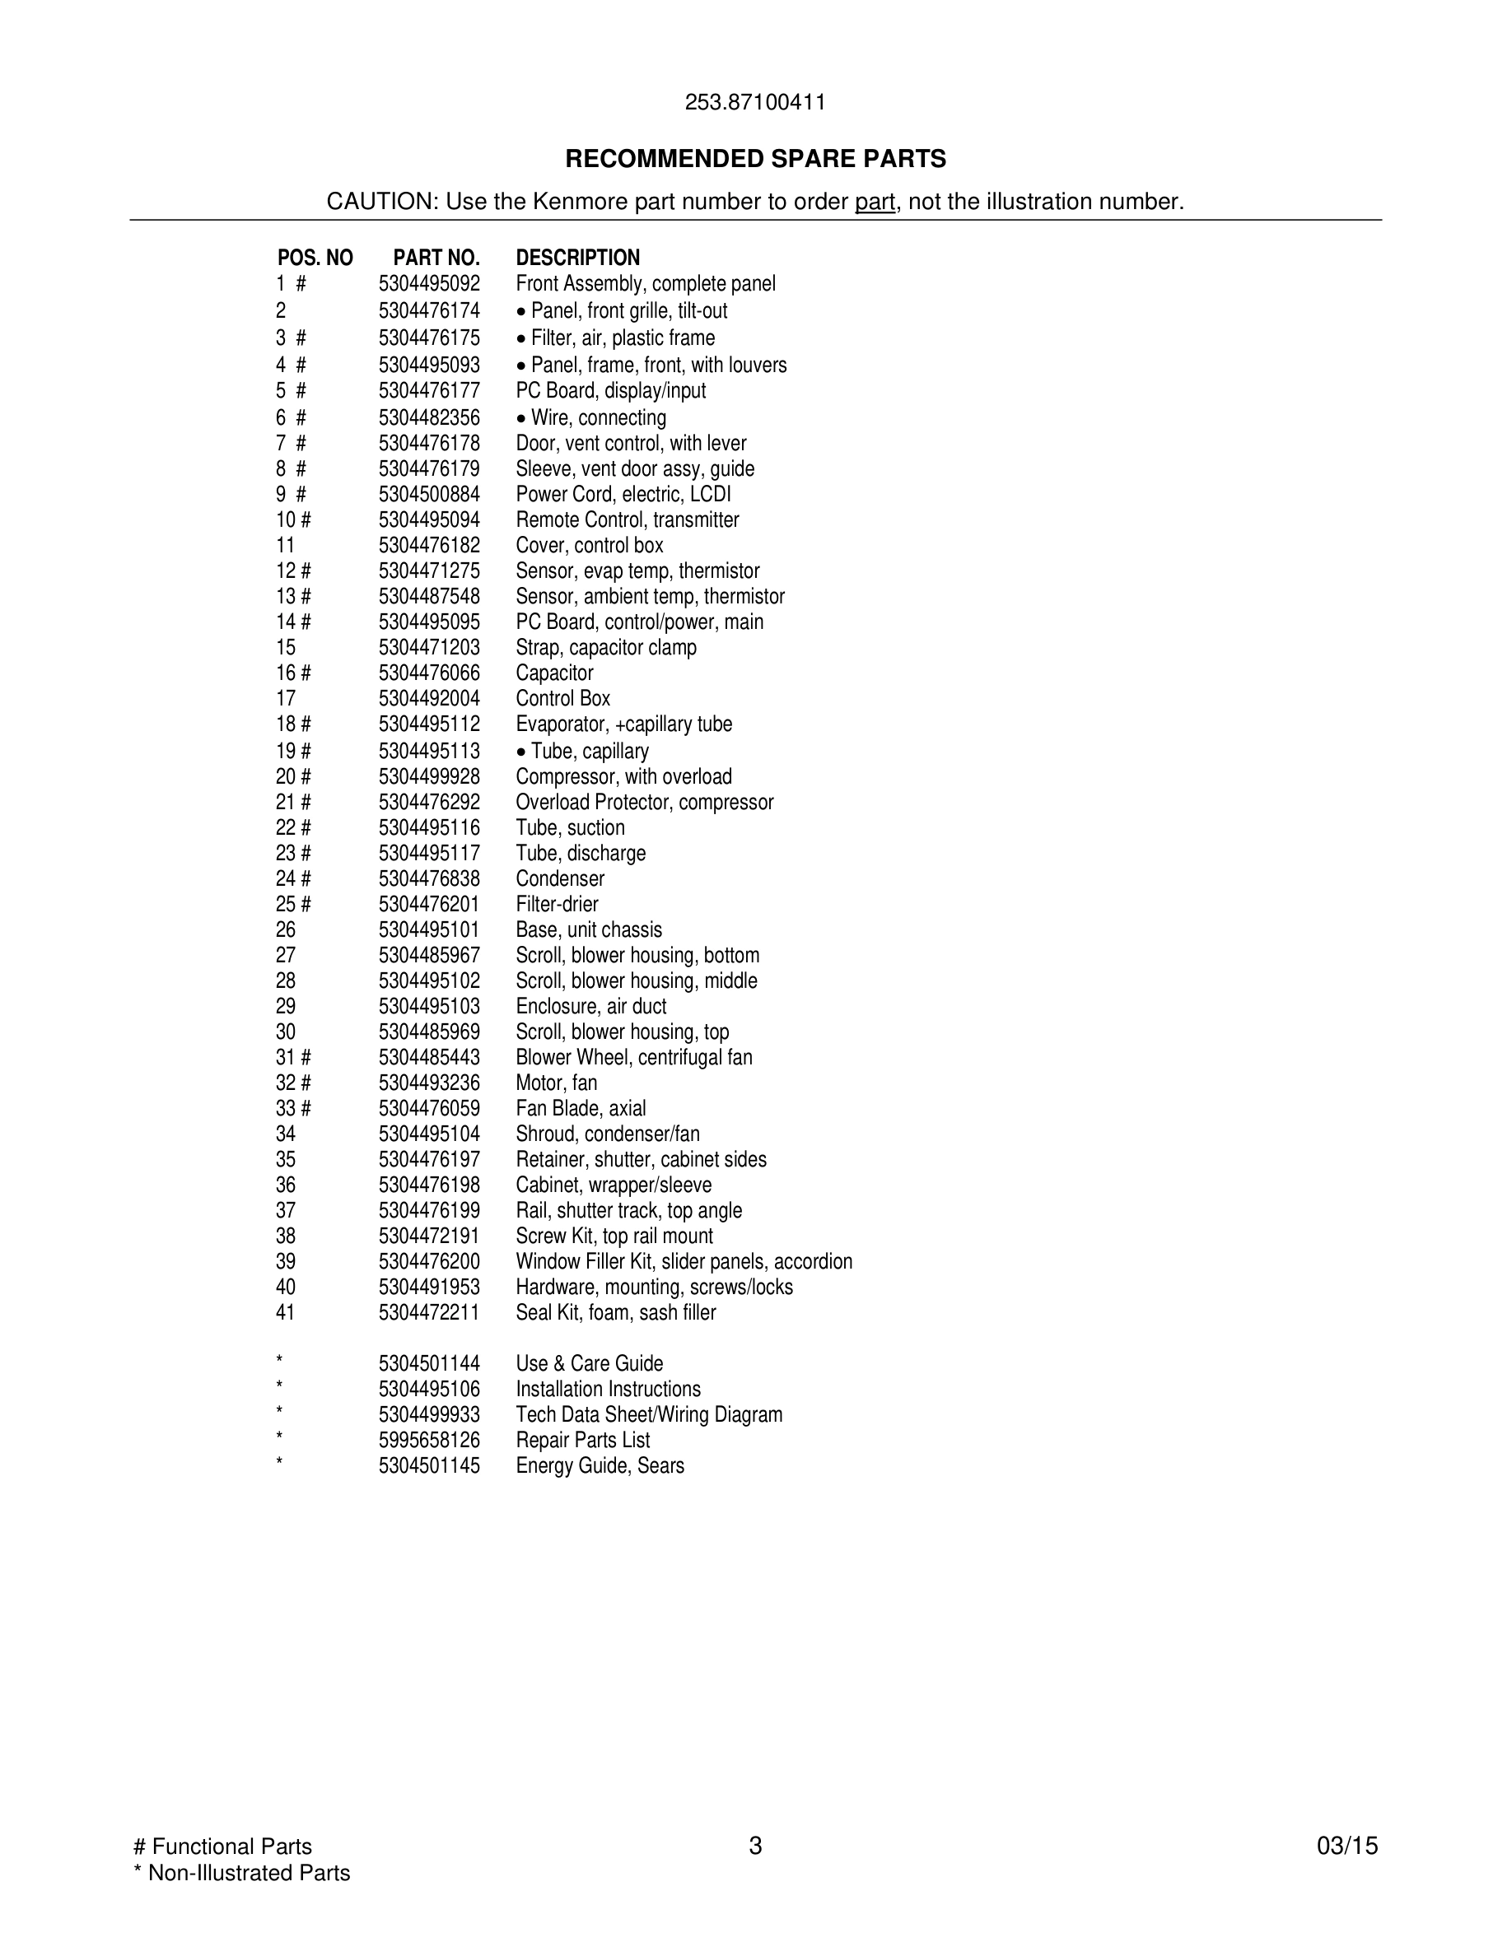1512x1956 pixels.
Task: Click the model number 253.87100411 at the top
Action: click(755, 102)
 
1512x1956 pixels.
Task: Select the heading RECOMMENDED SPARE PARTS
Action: click(755, 160)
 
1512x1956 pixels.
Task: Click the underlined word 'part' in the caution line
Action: click(875, 203)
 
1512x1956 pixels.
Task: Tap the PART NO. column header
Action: click(436, 258)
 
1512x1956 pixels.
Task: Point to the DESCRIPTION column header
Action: click(578, 258)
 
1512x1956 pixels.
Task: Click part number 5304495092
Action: click(429, 284)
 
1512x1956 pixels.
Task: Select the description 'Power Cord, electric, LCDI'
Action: click(623, 495)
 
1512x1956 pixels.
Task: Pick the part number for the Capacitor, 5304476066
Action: click(429, 673)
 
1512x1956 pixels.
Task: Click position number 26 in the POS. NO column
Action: click(286, 929)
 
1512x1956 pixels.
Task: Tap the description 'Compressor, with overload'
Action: click(623, 776)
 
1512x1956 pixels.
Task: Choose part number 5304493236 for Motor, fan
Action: click(429, 1083)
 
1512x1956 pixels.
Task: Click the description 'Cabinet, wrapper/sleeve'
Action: click(614, 1185)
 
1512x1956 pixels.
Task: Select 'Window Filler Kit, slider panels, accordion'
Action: click(684, 1262)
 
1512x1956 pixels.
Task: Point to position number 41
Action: click(286, 1313)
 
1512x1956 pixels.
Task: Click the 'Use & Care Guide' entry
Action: click(590, 1364)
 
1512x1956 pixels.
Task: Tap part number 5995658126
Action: click(429, 1440)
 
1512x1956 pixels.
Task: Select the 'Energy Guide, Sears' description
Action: click(600, 1466)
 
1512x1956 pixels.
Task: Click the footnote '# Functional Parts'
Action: click(222, 1847)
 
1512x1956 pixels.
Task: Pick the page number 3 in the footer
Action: click(755, 1846)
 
